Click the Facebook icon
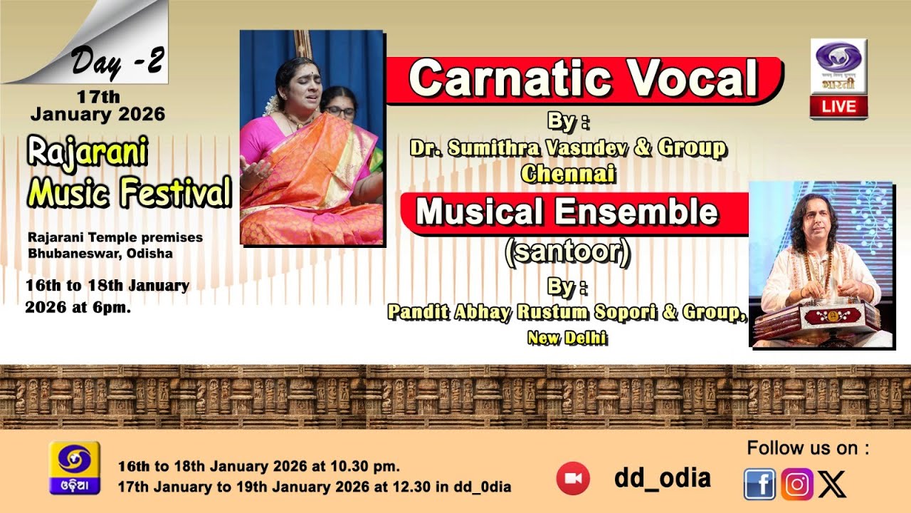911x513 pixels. tap(760, 484)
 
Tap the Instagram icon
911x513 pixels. tap(797, 484)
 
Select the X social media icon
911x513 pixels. tap(833, 485)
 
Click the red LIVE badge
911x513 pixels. tap(838, 107)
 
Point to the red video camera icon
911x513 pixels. tap(573, 478)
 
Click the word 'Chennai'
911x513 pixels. tap(567, 172)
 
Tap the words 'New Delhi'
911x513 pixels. tap(567, 338)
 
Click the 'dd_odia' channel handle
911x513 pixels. tap(662, 478)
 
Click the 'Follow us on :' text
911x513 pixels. tap(808, 448)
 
